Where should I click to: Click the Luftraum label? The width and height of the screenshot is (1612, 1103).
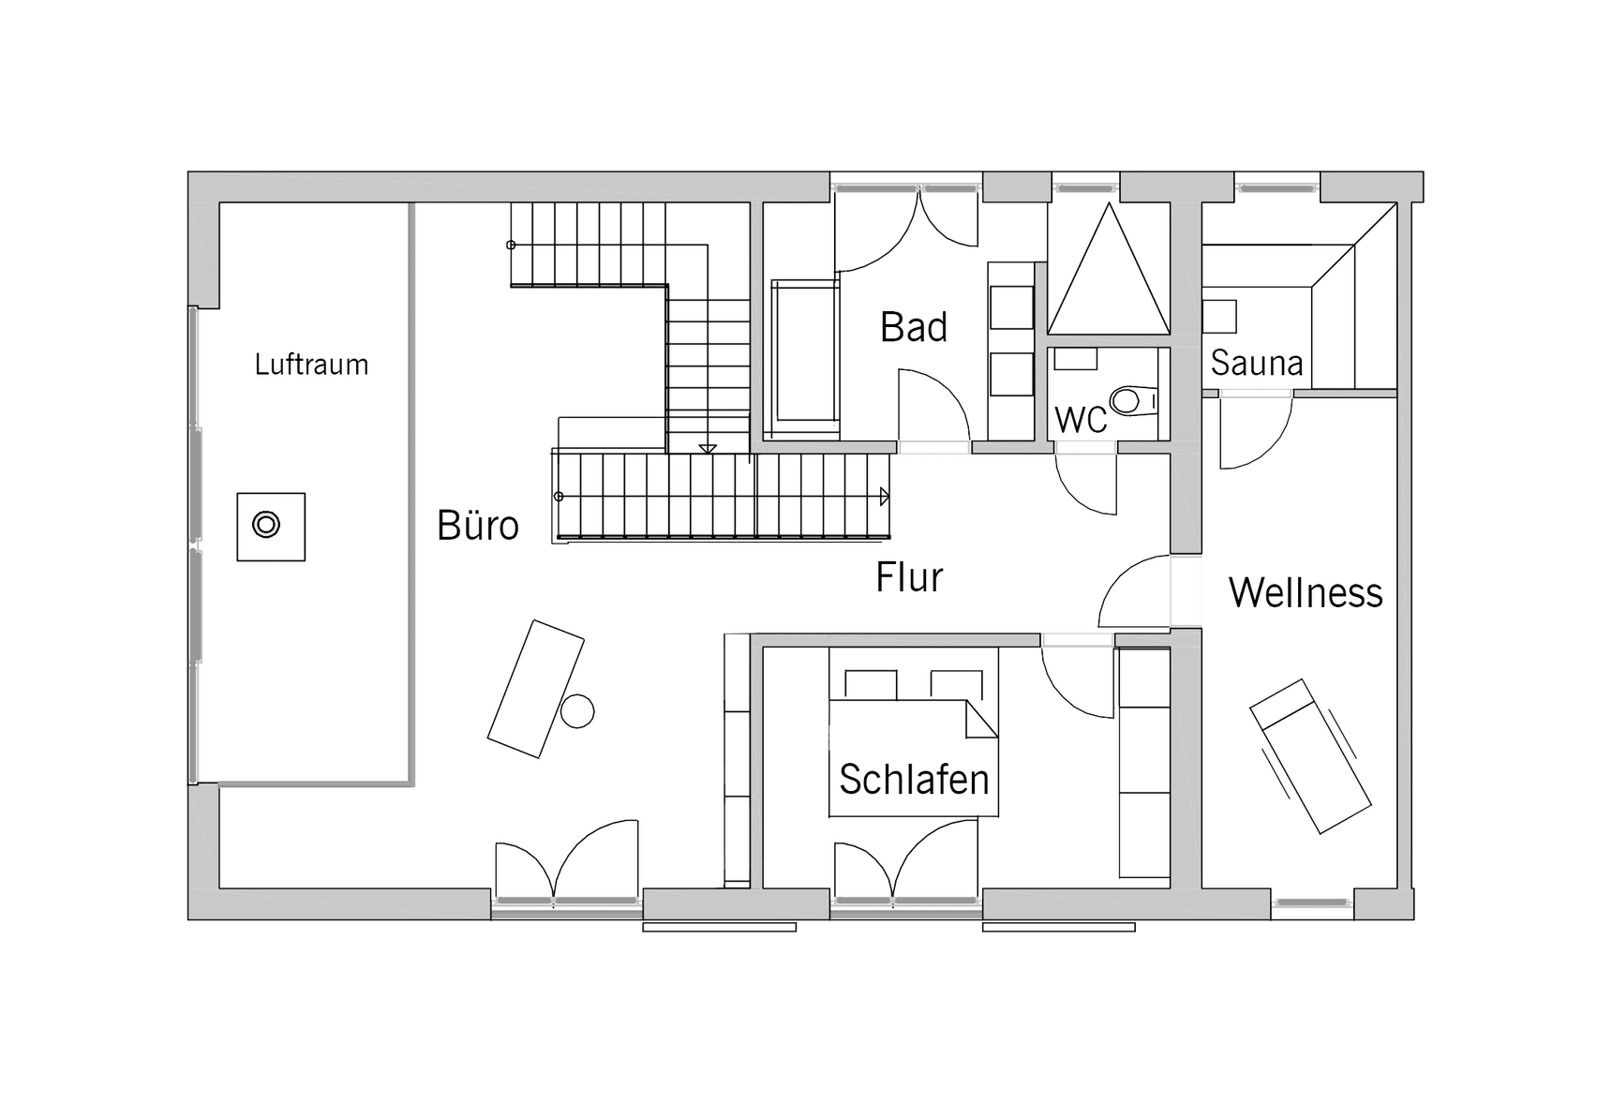pos(311,365)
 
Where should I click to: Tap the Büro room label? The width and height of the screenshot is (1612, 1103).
pos(478,526)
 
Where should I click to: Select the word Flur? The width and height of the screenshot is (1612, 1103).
pos(909,577)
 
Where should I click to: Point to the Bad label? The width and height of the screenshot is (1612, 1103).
pos(914,327)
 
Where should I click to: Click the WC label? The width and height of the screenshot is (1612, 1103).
pos(1081,421)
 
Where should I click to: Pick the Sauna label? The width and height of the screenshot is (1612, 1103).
pos(1256,363)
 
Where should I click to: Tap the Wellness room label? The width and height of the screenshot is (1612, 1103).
pos(1306,592)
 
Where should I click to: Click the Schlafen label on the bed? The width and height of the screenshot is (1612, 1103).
pos(914,779)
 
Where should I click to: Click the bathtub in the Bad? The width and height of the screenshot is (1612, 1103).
pos(803,356)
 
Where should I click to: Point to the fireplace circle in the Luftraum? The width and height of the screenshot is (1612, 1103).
pos(267,526)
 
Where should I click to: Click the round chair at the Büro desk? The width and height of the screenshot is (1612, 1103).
pos(577,710)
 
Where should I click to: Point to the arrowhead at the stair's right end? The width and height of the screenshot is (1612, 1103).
pos(884,497)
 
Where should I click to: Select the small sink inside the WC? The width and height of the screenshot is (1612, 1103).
pos(1076,358)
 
